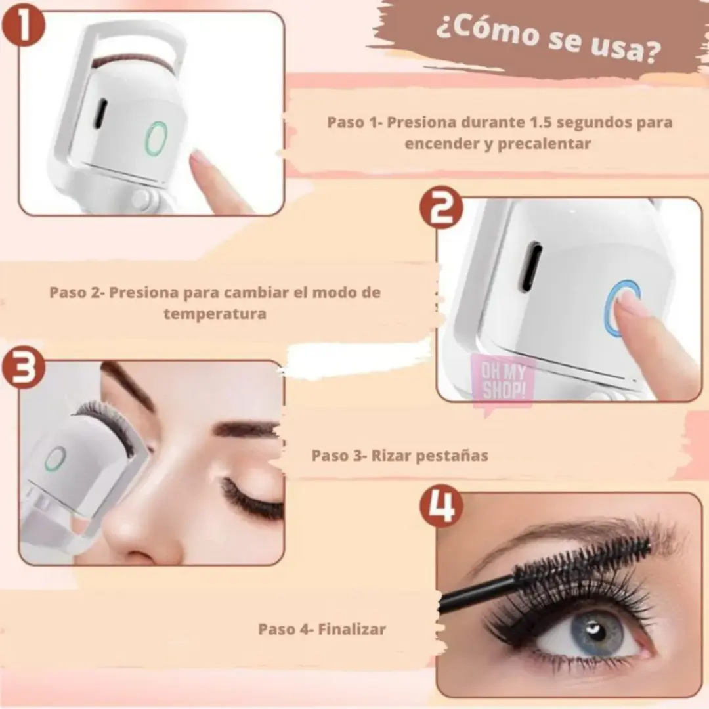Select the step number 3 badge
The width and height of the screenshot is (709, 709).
(x=24, y=367)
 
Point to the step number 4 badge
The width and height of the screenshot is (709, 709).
(x=441, y=506)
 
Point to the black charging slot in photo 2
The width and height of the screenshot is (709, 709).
(x=530, y=267)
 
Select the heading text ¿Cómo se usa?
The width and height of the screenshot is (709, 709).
(x=548, y=39)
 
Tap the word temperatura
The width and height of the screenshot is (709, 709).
(x=215, y=314)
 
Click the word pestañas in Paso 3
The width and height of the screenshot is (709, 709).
(x=452, y=456)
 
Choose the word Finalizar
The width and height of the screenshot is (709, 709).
(x=352, y=629)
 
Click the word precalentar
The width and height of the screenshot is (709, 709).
(x=544, y=144)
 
